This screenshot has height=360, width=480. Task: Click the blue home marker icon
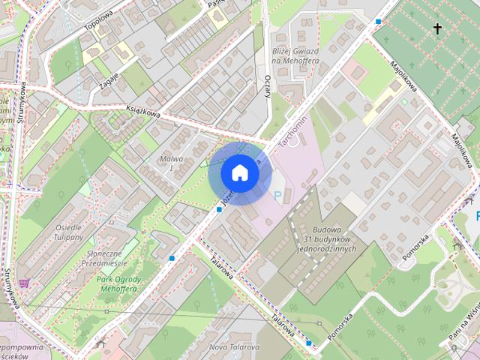[240, 173]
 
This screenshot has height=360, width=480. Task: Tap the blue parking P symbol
[277, 196]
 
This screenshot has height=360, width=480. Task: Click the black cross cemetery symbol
[437, 28]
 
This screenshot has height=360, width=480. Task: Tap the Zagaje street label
[108, 76]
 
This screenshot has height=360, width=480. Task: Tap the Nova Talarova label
[233, 347]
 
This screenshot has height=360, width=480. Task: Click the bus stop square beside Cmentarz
[378, 22]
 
